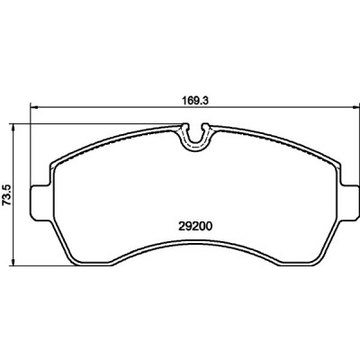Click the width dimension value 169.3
point(195,101)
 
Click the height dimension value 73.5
point(7,195)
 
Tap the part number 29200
point(195,227)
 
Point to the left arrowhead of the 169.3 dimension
point(34,106)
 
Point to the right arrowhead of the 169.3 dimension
point(355,106)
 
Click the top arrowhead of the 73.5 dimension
point(13,127)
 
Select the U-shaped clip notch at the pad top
point(195,136)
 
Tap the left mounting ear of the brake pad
point(40,203)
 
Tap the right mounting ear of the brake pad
point(349,203)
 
